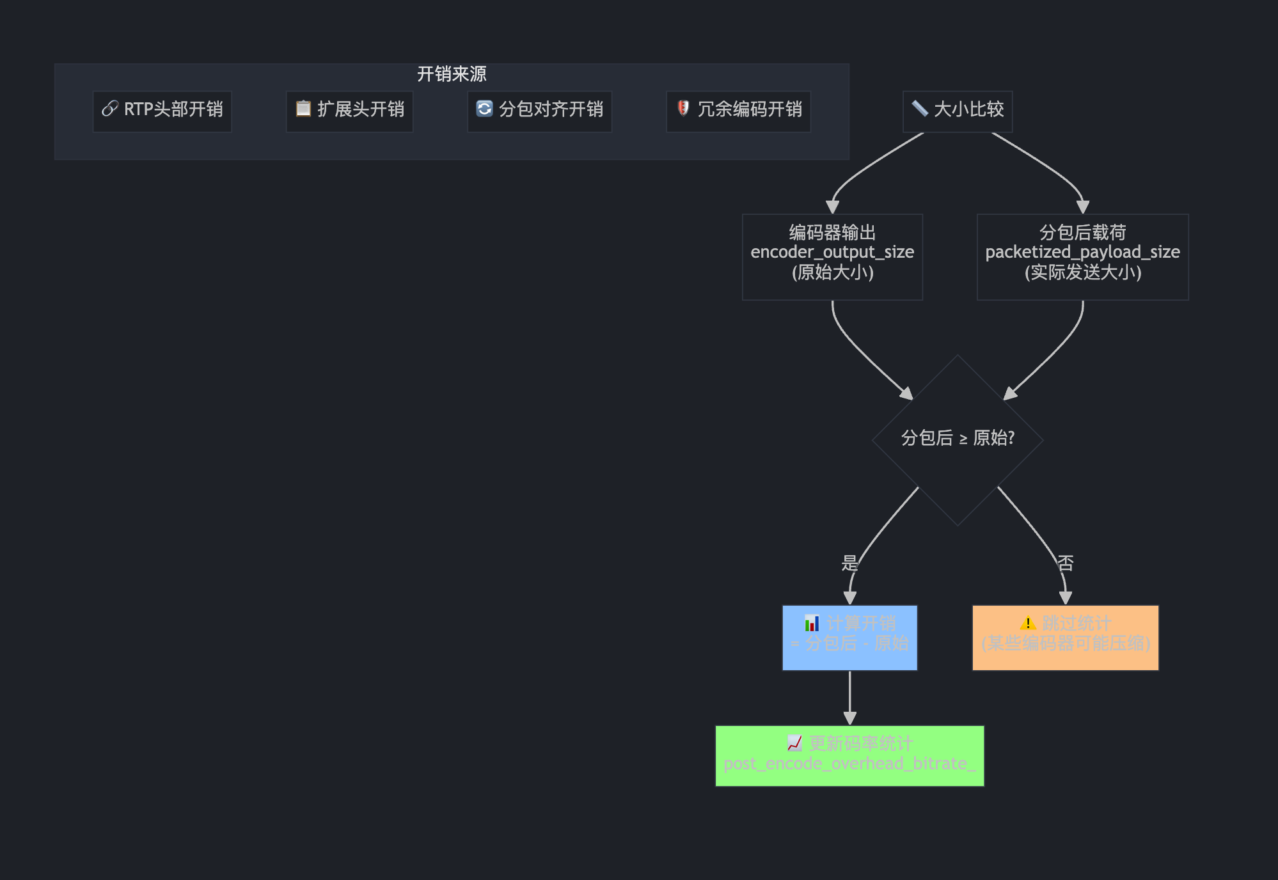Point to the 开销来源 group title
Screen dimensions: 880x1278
coord(452,74)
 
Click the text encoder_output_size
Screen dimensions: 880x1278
coord(832,252)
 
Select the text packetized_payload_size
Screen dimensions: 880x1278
coord(1082,252)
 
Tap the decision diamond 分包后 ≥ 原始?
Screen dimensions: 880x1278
coord(957,439)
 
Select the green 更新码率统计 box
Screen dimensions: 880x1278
coord(849,755)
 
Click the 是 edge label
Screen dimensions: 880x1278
coord(849,563)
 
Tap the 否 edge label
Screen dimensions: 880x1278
coord(1065,563)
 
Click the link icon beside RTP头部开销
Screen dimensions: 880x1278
coord(110,109)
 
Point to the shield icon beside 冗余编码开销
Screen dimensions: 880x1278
coord(683,108)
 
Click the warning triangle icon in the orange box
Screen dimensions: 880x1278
coord(1027,623)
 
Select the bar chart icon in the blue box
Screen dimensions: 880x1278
coord(812,623)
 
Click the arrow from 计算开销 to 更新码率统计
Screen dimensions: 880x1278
coord(849,698)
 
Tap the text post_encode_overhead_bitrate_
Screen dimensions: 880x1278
coord(849,764)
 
